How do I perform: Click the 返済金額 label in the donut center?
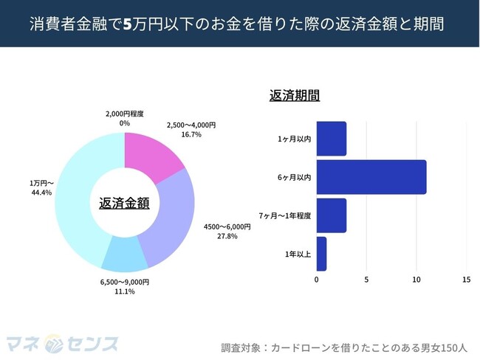point(124,202)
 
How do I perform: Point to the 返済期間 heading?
point(295,95)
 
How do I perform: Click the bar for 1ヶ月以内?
point(331,139)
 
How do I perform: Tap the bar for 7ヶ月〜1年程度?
point(331,215)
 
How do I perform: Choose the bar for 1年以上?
point(321,254)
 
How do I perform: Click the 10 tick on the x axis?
point(416,280)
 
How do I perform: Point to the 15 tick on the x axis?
point(466,280)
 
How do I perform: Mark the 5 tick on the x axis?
point(366,280)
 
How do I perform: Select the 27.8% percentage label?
point(227,236)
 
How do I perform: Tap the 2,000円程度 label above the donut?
point(124,114)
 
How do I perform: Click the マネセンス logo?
point(62,344)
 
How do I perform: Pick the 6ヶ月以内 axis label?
point(295,178)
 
